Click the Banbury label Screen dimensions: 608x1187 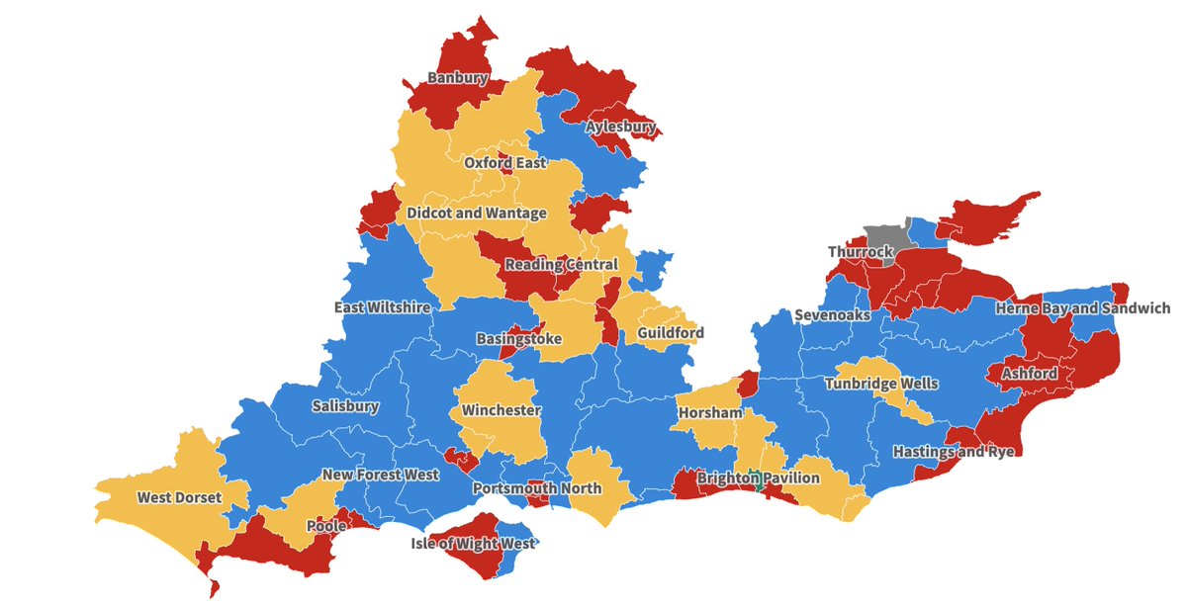(x=458, y=77)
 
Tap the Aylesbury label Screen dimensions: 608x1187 (x=620, y=128)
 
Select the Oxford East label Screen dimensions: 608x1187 (x=504, y=163)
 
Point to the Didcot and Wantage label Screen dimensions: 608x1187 (x=477, y=214)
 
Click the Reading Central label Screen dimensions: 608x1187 (x=561, y=265)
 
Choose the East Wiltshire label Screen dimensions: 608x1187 (x=382, y=307)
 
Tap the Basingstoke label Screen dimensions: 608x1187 (x=518, y=339)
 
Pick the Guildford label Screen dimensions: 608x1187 (x=671, y=333)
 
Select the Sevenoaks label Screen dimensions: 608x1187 (x=832, y=315)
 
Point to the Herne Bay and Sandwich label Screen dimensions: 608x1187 (x=1082, y=308)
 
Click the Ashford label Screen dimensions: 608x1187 (x=1029, y=375)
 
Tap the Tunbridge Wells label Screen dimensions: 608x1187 (x=881, y=384)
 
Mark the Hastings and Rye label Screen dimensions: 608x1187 (x=954, y=452)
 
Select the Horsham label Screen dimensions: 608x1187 (x=709, y=412)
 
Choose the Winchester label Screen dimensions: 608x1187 (x=501, y=410)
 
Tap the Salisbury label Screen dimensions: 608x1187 (x=344, y=406)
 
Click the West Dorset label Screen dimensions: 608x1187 (x=179, y=497)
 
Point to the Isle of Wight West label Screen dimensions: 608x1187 (x=473, y=544)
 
